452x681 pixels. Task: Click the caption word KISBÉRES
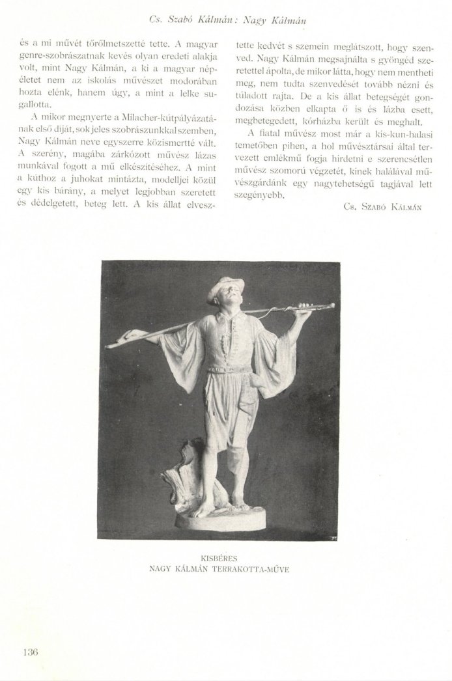(x=225, y=558)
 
